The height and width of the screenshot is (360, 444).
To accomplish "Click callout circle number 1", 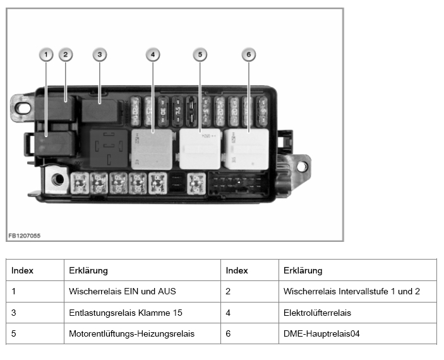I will click(45, 55).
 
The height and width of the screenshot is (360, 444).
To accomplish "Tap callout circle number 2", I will click(65, 55).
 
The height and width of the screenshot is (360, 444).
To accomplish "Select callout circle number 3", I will click(100, 55).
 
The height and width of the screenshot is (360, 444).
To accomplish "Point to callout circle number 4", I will click(153, 55).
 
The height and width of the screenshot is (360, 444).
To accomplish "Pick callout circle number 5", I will click(200, 55).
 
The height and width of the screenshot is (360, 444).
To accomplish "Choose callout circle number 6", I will click(249, 55).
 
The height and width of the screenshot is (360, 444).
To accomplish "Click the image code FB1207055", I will click(25, 236).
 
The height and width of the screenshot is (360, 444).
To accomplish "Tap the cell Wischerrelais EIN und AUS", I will click(122, 291).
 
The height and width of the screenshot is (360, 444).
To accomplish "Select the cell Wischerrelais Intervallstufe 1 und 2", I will click(352, 291).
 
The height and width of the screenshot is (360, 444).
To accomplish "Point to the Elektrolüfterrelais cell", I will click(317, 312).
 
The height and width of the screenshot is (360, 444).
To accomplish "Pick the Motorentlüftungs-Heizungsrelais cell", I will click(131, 333).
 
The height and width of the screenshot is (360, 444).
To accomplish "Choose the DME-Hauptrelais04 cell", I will click(321, 333).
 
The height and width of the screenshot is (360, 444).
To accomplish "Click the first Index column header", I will click(22, 270).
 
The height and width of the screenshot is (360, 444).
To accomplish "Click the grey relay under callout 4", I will click(152, 149).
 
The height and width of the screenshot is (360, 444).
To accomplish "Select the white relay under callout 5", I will click(200, 148).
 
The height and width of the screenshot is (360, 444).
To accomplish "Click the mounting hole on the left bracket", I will click(23, 107).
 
